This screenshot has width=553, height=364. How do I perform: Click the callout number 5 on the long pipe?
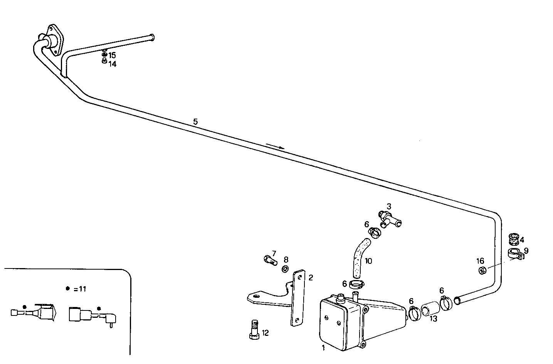[195, 122]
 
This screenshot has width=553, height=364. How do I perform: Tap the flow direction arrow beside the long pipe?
[275, 146]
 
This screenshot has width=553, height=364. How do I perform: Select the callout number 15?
[112, 55]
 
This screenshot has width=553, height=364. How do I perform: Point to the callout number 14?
[112, 64]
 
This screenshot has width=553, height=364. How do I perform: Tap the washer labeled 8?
[285, 268]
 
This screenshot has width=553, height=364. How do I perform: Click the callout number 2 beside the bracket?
[311, 277]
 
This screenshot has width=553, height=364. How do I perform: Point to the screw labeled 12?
[254, 329]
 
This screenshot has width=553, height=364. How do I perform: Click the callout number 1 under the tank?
[323, 348]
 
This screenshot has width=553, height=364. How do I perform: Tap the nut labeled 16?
[481, 271]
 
